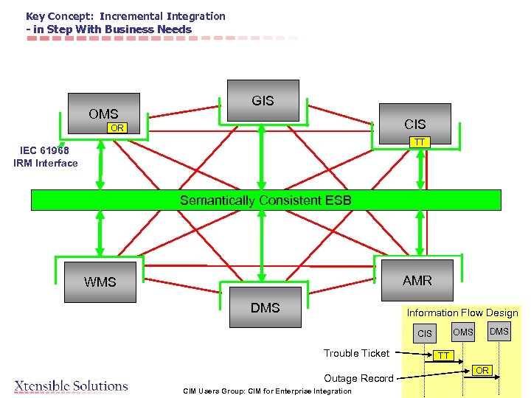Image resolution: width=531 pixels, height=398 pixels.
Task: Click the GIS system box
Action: tap(263, 100)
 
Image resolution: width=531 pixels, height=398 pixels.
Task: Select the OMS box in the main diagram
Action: tap(103, 111)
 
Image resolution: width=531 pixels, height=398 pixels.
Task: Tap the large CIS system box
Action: tap(414, 122)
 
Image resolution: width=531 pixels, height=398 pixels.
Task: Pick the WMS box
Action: tap(100, 282)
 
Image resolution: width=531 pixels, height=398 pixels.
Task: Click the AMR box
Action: tap(417, 280)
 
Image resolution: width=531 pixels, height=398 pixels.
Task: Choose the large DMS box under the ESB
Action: tap(265, 307)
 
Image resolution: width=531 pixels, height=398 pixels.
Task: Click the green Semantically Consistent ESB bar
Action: tap(265, 200)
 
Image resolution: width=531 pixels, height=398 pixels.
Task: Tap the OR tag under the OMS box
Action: tap(117, 128)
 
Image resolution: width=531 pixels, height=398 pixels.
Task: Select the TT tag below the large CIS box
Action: tap(419, 142)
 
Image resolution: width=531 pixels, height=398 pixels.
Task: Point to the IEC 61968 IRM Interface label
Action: tap(45, 157)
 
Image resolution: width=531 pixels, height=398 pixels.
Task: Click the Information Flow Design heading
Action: tap(462, 313)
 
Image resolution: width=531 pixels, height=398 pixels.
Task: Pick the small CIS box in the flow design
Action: tap(425, 334)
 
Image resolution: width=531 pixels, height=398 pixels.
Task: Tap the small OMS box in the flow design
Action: tap(463, 332)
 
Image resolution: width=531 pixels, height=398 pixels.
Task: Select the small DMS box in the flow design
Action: tap(499, 332)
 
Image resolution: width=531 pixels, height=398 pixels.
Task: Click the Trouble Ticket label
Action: tap(356, 353)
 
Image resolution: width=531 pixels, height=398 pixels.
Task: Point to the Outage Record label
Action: tap(358, 378)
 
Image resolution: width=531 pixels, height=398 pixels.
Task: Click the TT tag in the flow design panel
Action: tap(443, 356)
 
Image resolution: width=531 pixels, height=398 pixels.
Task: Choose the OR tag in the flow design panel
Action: tap(482, 370)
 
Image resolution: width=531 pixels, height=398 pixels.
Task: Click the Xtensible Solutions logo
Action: tap(71, 385)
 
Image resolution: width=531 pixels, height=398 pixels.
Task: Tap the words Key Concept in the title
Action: tap(59, 16)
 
